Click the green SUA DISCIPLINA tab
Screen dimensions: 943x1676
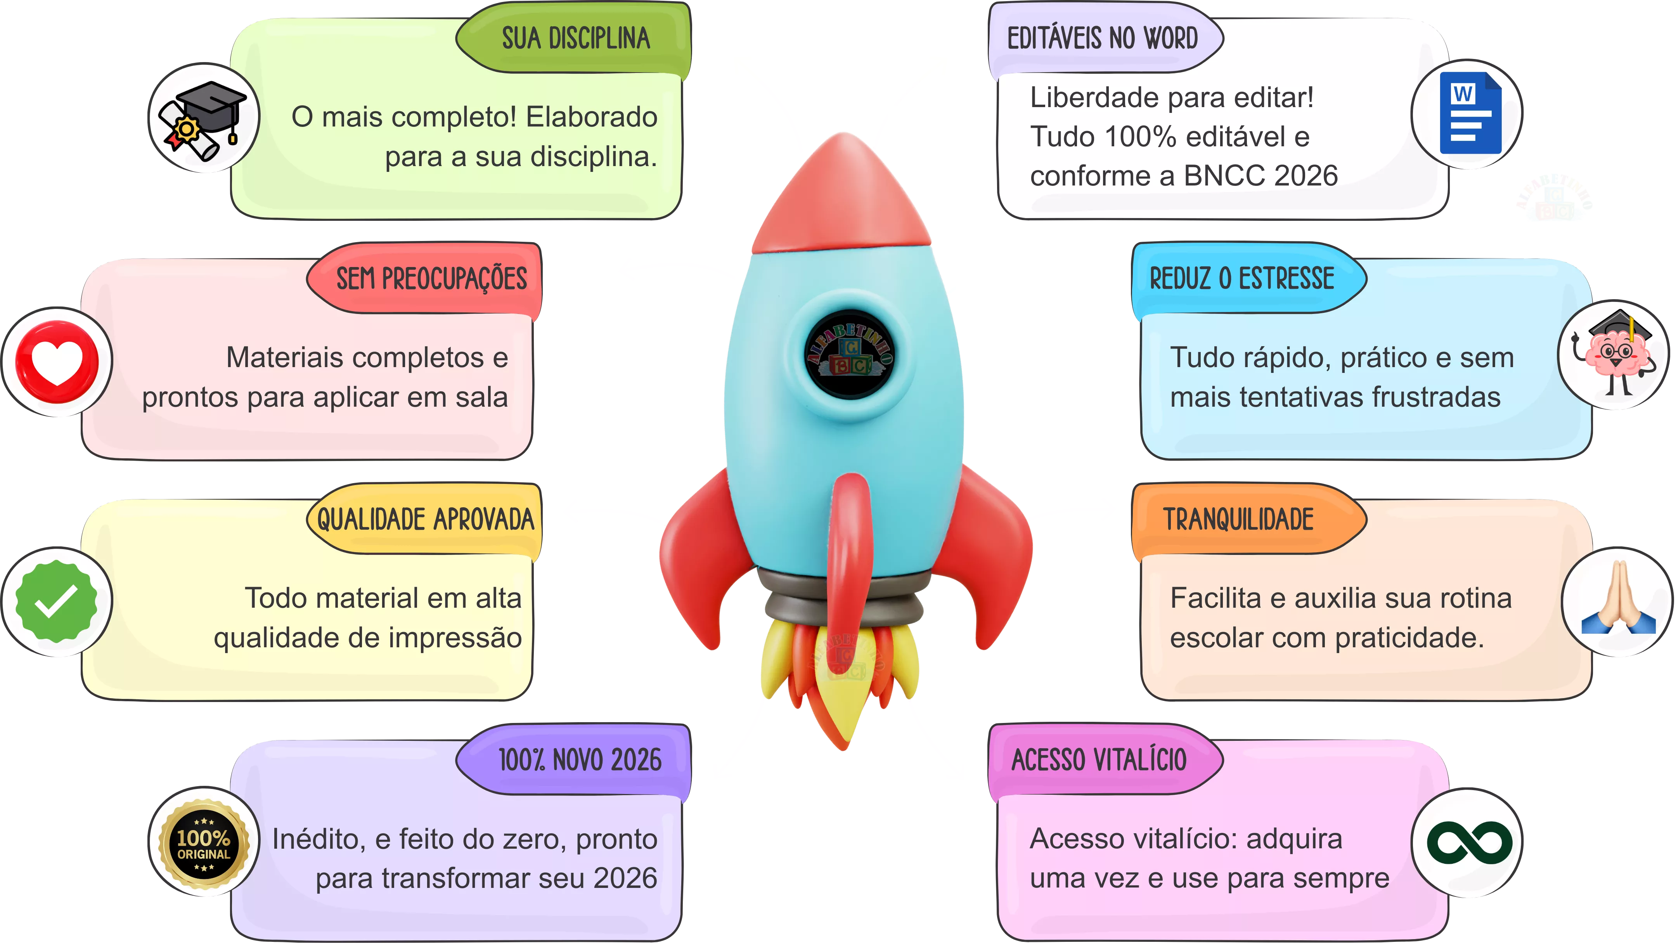pyautogui.click(x=575, y=38)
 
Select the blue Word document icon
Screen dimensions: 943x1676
pyautogui.click(x=1469, y=113)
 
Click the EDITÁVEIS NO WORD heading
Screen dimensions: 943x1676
pyautogui.click(x=1102, y=38)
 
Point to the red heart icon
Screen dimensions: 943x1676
pyautogui.click(x=57, y=362)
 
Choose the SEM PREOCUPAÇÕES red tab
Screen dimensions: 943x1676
pyautogui.click(x=431, y=279)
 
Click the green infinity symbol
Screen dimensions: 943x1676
pyautogui.click(x=1469, y=843)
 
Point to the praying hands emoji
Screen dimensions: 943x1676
pyautogui.click(x=1617, y=599)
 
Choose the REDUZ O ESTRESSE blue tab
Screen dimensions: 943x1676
pyautogui.click(x=1241, y=279)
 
